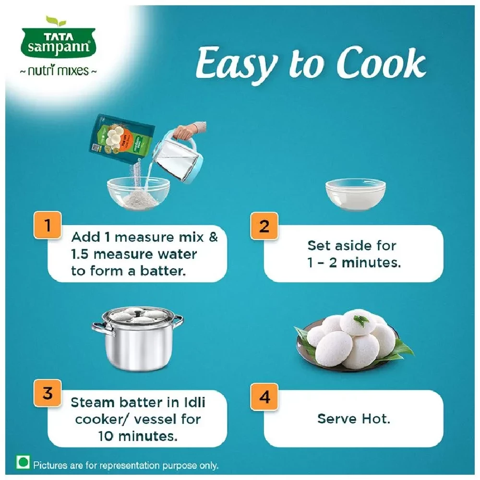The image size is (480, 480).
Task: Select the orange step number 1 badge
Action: [x=48, y=225]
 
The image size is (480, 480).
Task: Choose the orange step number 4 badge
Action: [x=264, y=398]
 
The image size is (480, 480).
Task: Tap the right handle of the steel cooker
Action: [x=177, y=321]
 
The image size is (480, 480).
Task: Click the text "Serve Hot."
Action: [x=354, y=419]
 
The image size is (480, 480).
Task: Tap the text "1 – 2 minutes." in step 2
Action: [x=354, y=263]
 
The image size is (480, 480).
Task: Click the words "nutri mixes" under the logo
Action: [x=58, y=71]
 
